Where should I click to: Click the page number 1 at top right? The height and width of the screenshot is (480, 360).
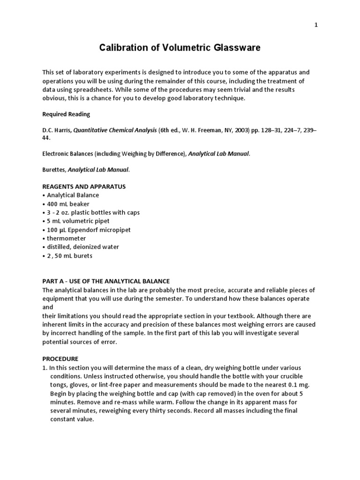click(x=316, y=25)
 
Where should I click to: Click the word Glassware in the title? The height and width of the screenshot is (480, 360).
click(x=231, y=48)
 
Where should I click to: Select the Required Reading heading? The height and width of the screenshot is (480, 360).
click(x=66, y=114)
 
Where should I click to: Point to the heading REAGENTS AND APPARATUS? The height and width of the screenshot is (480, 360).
click(x=84, y=187)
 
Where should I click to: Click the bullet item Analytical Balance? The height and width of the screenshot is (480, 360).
click(x=73, y=195)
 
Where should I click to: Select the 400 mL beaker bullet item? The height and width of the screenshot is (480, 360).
click(x=68, y=204)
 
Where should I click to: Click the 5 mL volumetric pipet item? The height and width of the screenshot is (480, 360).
click(x=78, y=221)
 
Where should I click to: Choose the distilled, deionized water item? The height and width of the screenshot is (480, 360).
click(x=82, y=247)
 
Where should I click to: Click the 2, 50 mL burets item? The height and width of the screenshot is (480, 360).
click(x=69, y=255)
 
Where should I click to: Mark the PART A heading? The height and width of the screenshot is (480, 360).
click(x=106, y=281)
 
